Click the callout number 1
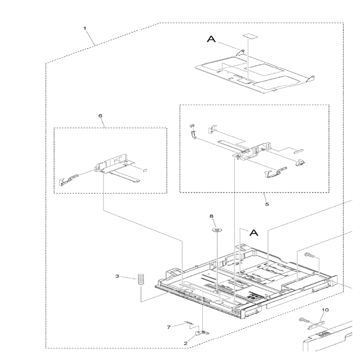(x=84, y=28)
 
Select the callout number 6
(x=100, y=116)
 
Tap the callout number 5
(x=267, y=204)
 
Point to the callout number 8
(x=212, y=216)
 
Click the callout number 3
(x=117, y=276)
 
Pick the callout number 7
(x=169, y=327)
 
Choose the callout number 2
(x=185, y=344)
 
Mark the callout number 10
(x=325, y=310)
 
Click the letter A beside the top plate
(x=212, y=39)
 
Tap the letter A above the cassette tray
(x=254, y=233)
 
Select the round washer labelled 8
(x=216, y=229)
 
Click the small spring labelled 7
(x=189, y=323)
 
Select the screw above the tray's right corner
(x=309, y=254)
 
